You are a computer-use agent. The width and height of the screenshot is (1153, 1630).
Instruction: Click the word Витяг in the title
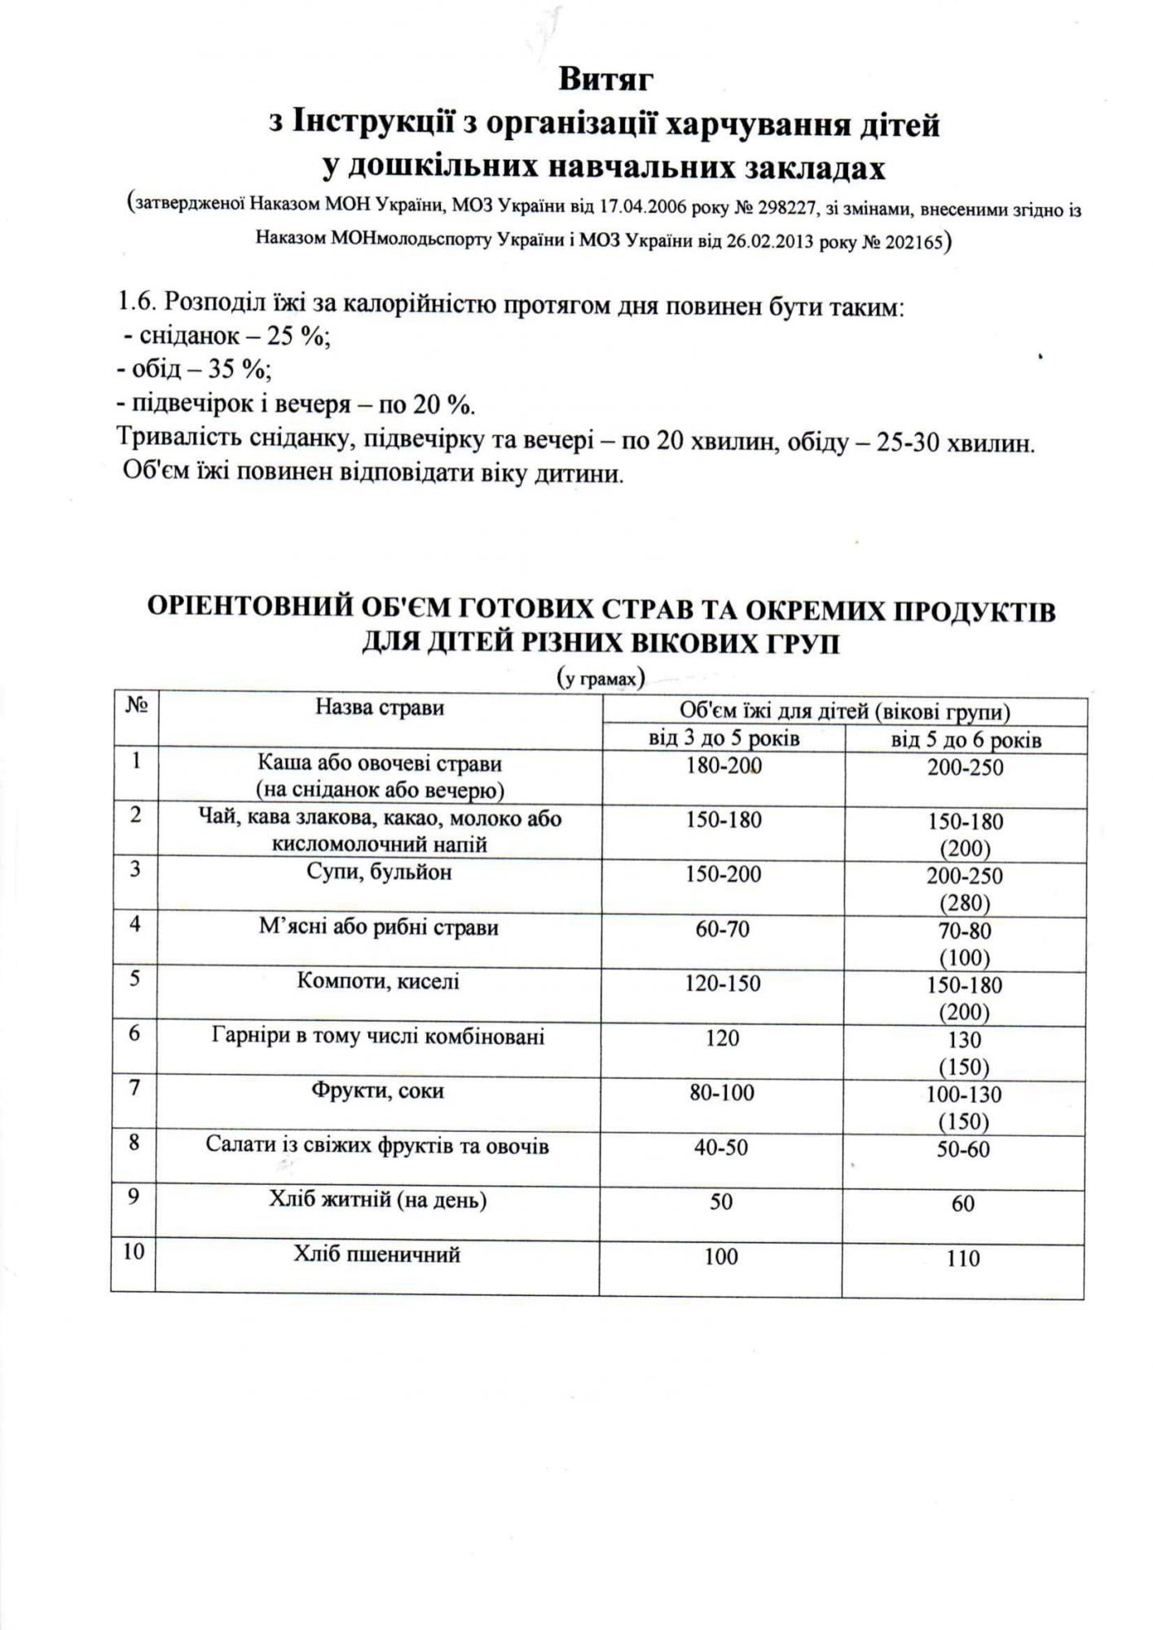coord(606,80)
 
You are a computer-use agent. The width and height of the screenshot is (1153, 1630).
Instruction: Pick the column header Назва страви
coord(379,707)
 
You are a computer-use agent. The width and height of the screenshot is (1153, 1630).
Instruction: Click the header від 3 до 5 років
coord(724,739)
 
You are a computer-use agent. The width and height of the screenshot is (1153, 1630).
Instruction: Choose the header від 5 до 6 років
coord(966,740)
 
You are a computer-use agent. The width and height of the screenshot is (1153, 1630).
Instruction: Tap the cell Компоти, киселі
coord(379,981)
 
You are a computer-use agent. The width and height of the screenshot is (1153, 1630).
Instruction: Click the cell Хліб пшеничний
coord(377,1254)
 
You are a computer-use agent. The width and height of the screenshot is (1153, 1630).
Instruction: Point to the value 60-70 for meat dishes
coord(722,928)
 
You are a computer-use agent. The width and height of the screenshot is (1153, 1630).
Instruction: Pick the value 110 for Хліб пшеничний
coord(963,1259)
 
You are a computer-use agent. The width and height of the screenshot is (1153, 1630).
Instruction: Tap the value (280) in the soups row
coord(965,903)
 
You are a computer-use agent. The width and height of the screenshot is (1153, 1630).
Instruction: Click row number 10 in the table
coord(134,1251)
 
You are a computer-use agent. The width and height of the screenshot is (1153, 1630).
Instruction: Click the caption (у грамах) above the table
coord(601,678)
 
